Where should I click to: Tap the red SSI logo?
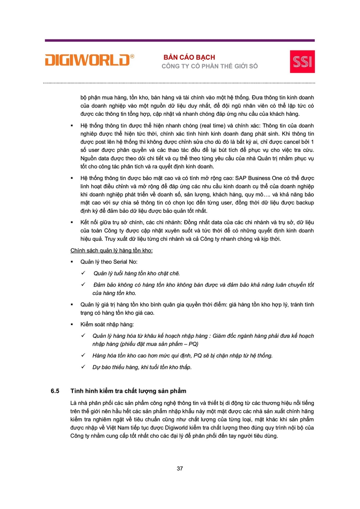coord(302,61)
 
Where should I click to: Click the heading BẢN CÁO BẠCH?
coord(189,57)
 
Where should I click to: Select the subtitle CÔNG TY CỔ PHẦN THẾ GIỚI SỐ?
coord(210,66)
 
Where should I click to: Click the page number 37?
coord(180,468)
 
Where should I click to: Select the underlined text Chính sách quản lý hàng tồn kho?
coord(112,251)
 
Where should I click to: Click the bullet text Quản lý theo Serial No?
coord(109,262)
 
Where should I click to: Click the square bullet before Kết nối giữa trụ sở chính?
coord(72,223)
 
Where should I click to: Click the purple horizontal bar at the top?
coord(180,40)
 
